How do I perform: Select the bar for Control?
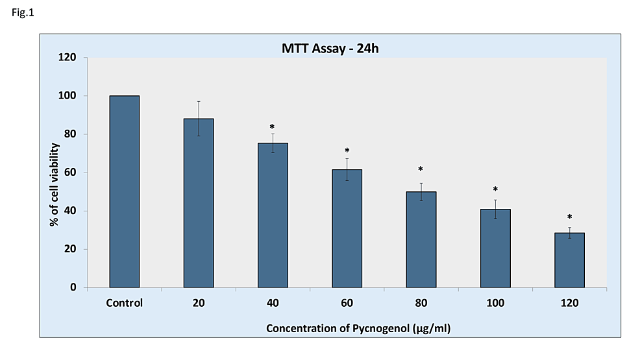pos(125,191)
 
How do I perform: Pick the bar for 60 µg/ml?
pos(347,228)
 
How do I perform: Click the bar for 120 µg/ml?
pos(569,259)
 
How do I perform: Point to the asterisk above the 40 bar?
pos(273,127)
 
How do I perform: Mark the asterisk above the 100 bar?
pos(495,190)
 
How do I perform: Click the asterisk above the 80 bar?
pos(421,170)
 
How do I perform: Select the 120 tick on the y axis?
pos(68,58)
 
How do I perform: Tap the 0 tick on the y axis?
pos(73,287)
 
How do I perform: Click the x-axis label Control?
pos(125,303)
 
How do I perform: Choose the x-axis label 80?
pos(421,303)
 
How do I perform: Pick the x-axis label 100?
pos(495,303)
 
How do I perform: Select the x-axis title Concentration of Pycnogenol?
pos(358,328)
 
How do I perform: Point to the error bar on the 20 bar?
pos(199,118)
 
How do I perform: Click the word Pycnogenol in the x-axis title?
pos(382,328)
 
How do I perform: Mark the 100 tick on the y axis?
pos(68,96)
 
